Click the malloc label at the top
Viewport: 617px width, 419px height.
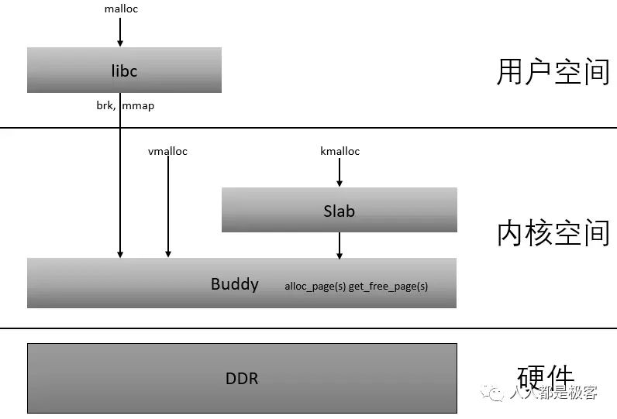pos(120,9)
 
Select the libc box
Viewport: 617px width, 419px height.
pos(124,70)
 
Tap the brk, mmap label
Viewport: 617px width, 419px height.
pos(120,105)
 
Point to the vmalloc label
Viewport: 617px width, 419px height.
pos(167,151)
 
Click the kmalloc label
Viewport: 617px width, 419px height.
pos(340,151)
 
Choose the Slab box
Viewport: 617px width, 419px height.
pos(339,210)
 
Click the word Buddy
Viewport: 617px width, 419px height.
pos(234,283)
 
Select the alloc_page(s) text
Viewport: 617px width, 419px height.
pos(315,287)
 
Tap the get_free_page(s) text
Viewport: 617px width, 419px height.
pos(388,287)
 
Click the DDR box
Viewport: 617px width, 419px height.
pos(242,379)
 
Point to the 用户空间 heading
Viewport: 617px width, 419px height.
pos(553,72)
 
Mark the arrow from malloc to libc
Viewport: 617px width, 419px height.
pos(120,32)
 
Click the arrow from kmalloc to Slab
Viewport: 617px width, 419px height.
pos(340,172)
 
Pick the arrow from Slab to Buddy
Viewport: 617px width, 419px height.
pos(340,246)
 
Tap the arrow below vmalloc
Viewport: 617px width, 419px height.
pos(167,206)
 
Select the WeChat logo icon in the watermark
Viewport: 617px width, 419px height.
pos(494,393)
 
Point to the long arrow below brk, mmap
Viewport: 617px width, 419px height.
pos(120,186)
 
